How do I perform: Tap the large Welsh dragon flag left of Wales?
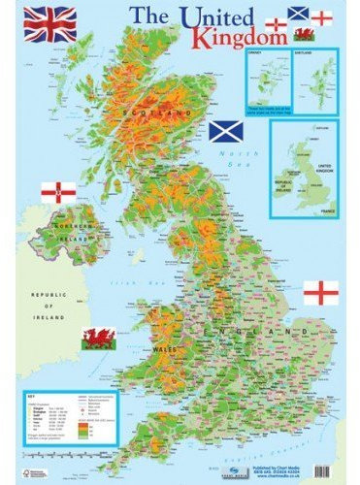coord(99,339)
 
